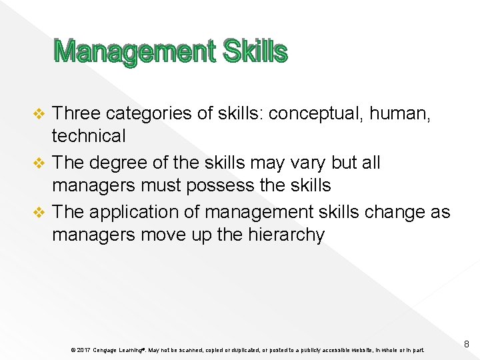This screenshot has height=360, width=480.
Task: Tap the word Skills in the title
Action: pos(256,51)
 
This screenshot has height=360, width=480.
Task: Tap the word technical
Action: pos(89,137)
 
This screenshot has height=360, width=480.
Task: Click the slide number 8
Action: pos(467,344)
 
